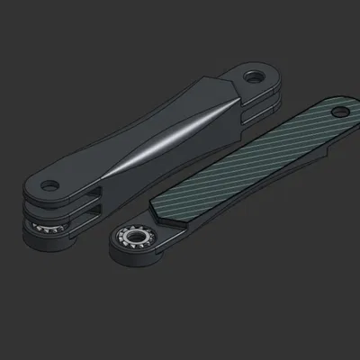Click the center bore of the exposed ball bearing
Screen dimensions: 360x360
(x=136, y=238)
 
